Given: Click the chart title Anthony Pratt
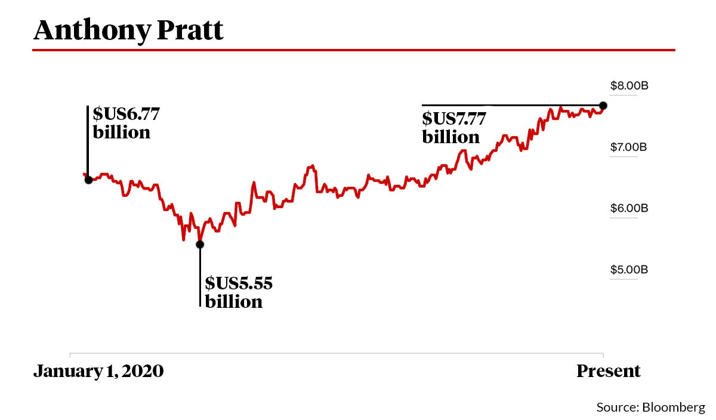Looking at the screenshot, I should pos(128,30).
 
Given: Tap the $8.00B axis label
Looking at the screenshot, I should pos(629,86).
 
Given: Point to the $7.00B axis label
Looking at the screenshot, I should pos(629,147).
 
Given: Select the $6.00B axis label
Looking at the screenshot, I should pos(629,208).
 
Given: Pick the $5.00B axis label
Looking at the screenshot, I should pos(629,270).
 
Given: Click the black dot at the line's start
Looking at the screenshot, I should pos(88,180).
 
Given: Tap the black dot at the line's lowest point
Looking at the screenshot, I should pos(200,244).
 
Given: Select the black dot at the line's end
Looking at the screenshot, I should pos(603,106).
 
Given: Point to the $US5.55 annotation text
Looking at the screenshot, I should pos(239,283).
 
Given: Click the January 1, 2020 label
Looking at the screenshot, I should pos(98,371).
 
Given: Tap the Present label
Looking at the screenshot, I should pos(608,371).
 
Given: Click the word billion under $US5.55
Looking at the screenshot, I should pos(234,301).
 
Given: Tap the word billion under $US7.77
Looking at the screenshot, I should pos(451,137).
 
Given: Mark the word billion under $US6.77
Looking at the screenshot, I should pos(122,132).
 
